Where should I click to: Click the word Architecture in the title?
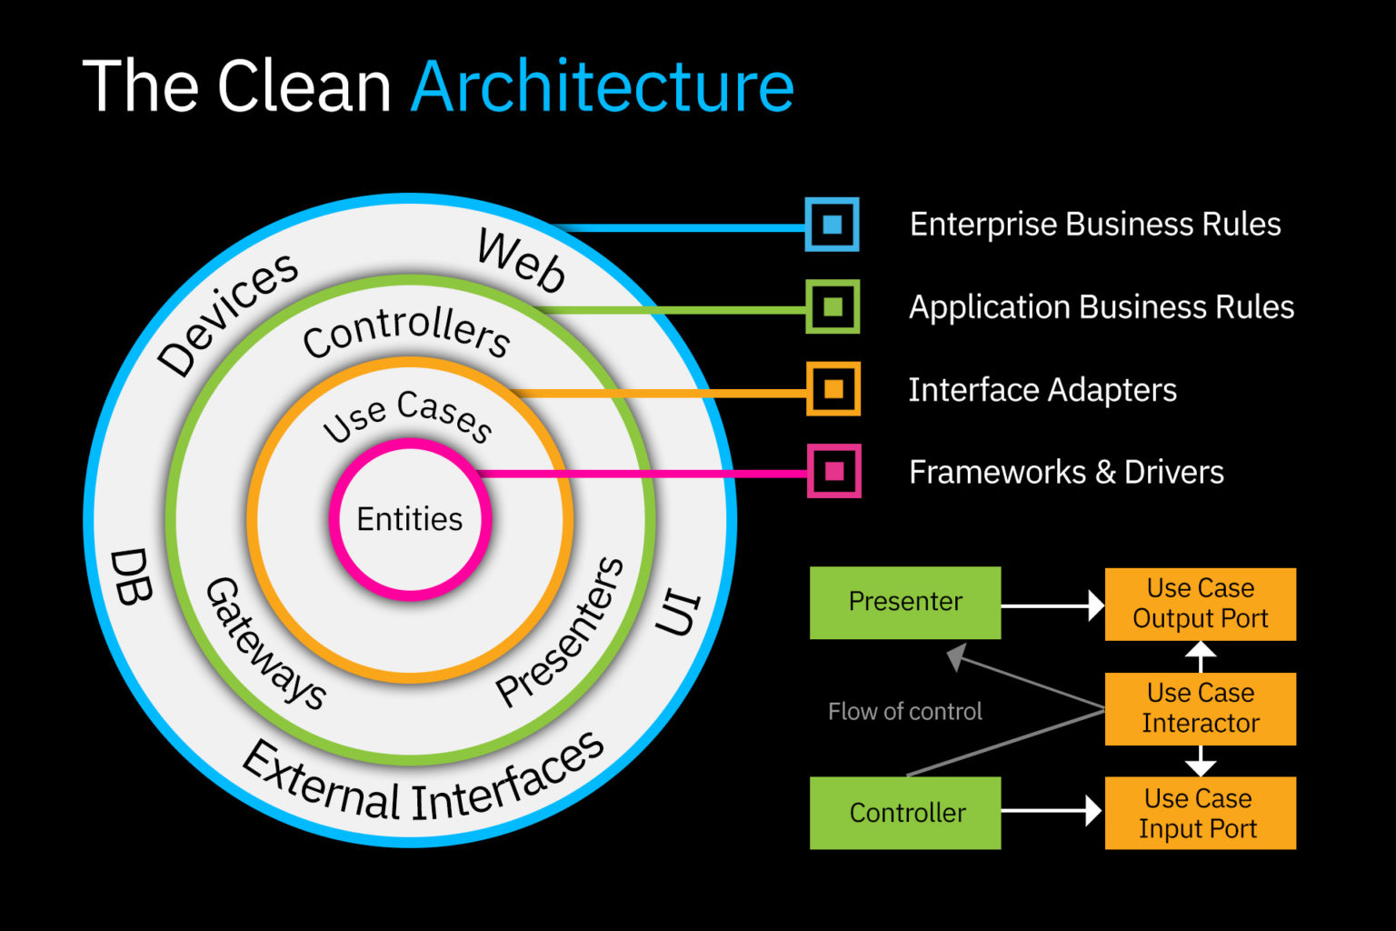(603, 86)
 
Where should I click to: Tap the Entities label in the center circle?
(409, 519)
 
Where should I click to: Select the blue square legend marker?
(833, 225)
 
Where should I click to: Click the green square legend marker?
(833, 307)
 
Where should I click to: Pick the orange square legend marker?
(833, 389)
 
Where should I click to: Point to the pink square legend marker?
(834, 471)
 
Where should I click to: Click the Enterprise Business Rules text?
(1094, 225)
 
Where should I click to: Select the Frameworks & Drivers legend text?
(1065, 473)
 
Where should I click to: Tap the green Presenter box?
(905, 603)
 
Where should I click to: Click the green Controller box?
(905, 813)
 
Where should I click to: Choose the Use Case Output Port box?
(1200, 604)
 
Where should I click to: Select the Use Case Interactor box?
(1200, 708)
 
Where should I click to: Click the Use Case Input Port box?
(1200, 814)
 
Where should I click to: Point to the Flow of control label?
(904, 711)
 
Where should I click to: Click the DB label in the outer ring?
(131, 576)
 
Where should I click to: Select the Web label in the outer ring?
(522, 261)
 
